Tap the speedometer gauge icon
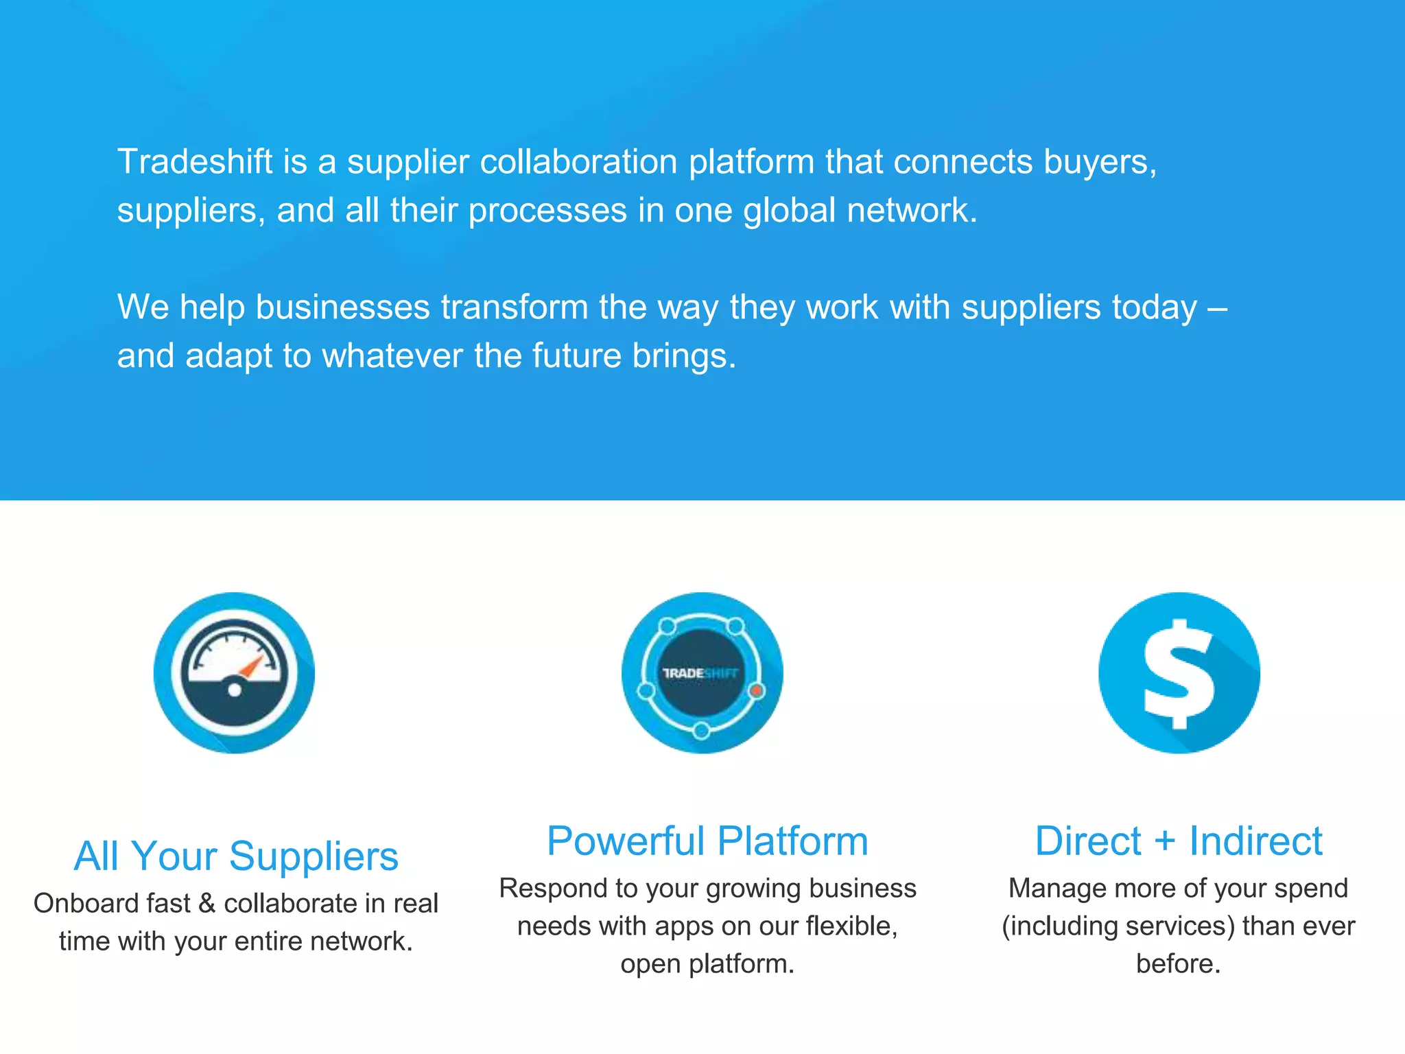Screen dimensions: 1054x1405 (234, 672)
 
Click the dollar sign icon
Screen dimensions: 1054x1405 (1179, 672)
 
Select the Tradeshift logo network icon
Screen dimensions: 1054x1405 (702, 672)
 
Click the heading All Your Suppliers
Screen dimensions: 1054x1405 (236, 856)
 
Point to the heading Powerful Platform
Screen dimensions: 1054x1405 (707, 841)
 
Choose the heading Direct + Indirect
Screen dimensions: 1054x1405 (1178, 841)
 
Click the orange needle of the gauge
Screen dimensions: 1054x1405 (252, 666)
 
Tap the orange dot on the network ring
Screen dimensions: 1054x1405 (756, 690)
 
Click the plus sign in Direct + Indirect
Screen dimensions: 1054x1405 (1164, 842)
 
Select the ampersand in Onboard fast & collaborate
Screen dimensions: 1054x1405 (206, 904)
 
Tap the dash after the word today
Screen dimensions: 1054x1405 (1217, 307)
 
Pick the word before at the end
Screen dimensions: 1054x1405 (1177, 964)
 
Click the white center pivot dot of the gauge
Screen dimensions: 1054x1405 (235, 690)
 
